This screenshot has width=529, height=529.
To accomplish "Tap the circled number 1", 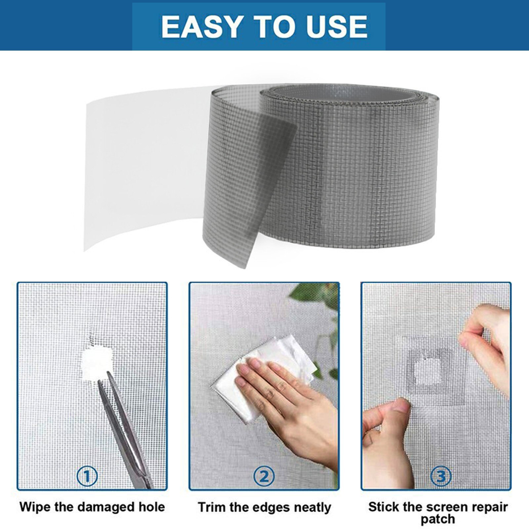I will [87, 476].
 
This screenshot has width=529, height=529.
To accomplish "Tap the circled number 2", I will [264, 476].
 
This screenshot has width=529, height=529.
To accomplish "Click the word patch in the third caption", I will [437, 519].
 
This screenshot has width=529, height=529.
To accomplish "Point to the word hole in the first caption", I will [150, 507].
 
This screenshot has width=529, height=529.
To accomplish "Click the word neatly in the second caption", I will [312, 508].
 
